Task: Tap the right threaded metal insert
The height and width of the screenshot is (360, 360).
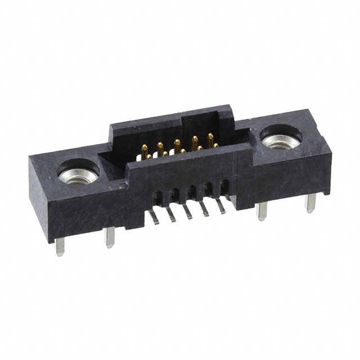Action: pyautogui.click(x=279, y=140)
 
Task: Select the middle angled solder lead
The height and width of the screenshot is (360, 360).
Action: pyautogui.click(x=188, y=211)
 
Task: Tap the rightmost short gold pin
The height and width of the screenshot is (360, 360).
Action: pyautogui.click(x=215, y=146)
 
